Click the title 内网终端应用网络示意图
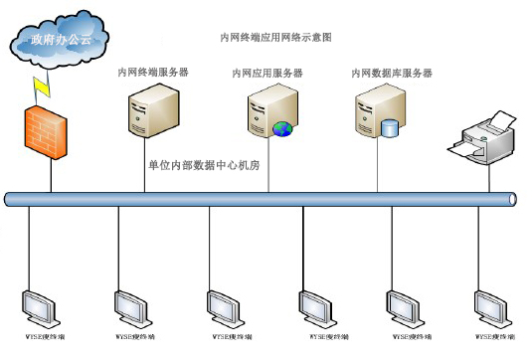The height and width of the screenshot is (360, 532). coord(274,37)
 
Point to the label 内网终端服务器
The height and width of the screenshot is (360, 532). coord(153,73)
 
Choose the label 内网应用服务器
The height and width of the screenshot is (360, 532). coord(267,73)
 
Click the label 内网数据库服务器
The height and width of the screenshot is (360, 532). coord(392,73)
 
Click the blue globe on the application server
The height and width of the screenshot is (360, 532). coord(282,128)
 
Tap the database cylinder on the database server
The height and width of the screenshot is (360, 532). coord(389,127)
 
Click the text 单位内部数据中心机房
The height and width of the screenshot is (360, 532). coord(204,166)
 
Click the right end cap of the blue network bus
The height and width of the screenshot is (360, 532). coord(513,199)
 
